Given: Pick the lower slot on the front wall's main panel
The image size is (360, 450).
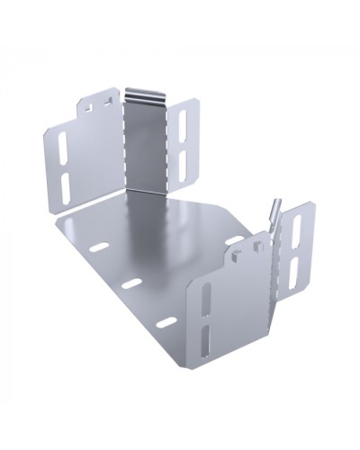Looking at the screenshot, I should pyautogui.click(x=211, y=341).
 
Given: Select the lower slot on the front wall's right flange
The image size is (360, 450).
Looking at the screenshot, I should pyautogui.click(x=294, y=273).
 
